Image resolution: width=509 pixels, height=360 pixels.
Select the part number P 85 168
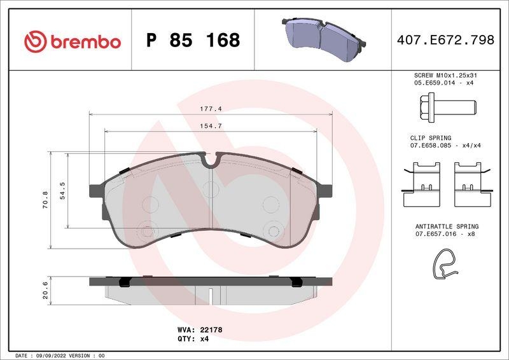click(x=193, y=41)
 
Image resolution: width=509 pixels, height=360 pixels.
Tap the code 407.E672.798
click(x=445, y=40)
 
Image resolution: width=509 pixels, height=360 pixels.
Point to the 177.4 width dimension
click(x=211, y=109)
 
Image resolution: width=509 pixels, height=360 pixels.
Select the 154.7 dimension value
click(x=211, y=126)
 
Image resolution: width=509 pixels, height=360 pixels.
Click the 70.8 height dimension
click(x=45, y=200)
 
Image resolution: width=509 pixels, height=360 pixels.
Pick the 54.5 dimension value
click(x=62, y=191)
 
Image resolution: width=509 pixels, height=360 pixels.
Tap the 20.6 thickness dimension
click(x=45, y=289)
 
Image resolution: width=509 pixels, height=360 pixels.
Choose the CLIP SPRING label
click(x=430, y=138)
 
